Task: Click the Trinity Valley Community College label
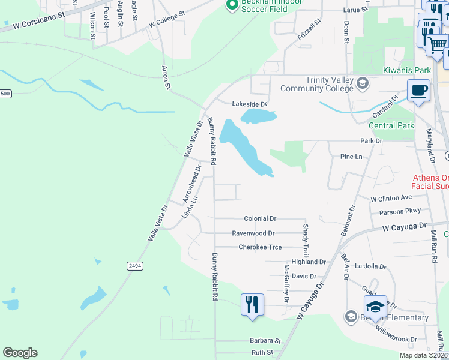pos(330,85)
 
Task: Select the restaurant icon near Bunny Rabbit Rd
pos(252,304)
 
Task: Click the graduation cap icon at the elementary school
pos(375,307)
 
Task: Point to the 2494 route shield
pos(134,265)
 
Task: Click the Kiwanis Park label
pos(407,70)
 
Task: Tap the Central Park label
pos(391,125)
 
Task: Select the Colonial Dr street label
pos(259,219)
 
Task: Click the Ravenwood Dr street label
pos(253,233)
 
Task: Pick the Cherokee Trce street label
pos(260,247)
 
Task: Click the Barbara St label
pos(265,340)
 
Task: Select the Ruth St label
pos(262,352)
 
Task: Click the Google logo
pos(20,353)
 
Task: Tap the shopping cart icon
pos(437,44)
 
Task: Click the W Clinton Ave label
pos(391,197)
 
